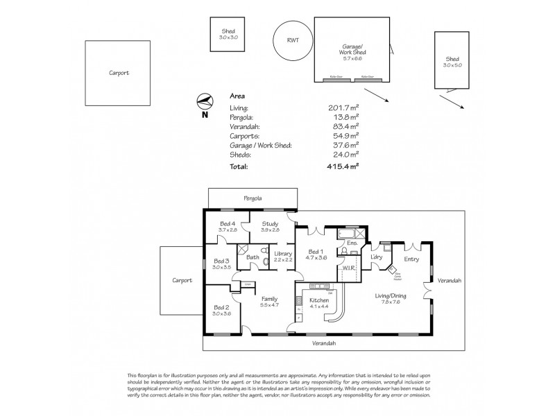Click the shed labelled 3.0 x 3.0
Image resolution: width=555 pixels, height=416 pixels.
coord(229,34)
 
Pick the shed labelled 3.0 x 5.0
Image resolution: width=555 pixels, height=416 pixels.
coord(453,60)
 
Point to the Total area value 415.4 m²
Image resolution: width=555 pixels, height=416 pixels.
coord(343,166)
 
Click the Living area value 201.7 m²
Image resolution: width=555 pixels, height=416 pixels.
coord(343,108)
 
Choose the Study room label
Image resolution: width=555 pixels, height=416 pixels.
coord(271,223)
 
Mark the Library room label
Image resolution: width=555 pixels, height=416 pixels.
coord(283,254)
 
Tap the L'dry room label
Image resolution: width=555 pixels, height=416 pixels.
coord(377,258)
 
